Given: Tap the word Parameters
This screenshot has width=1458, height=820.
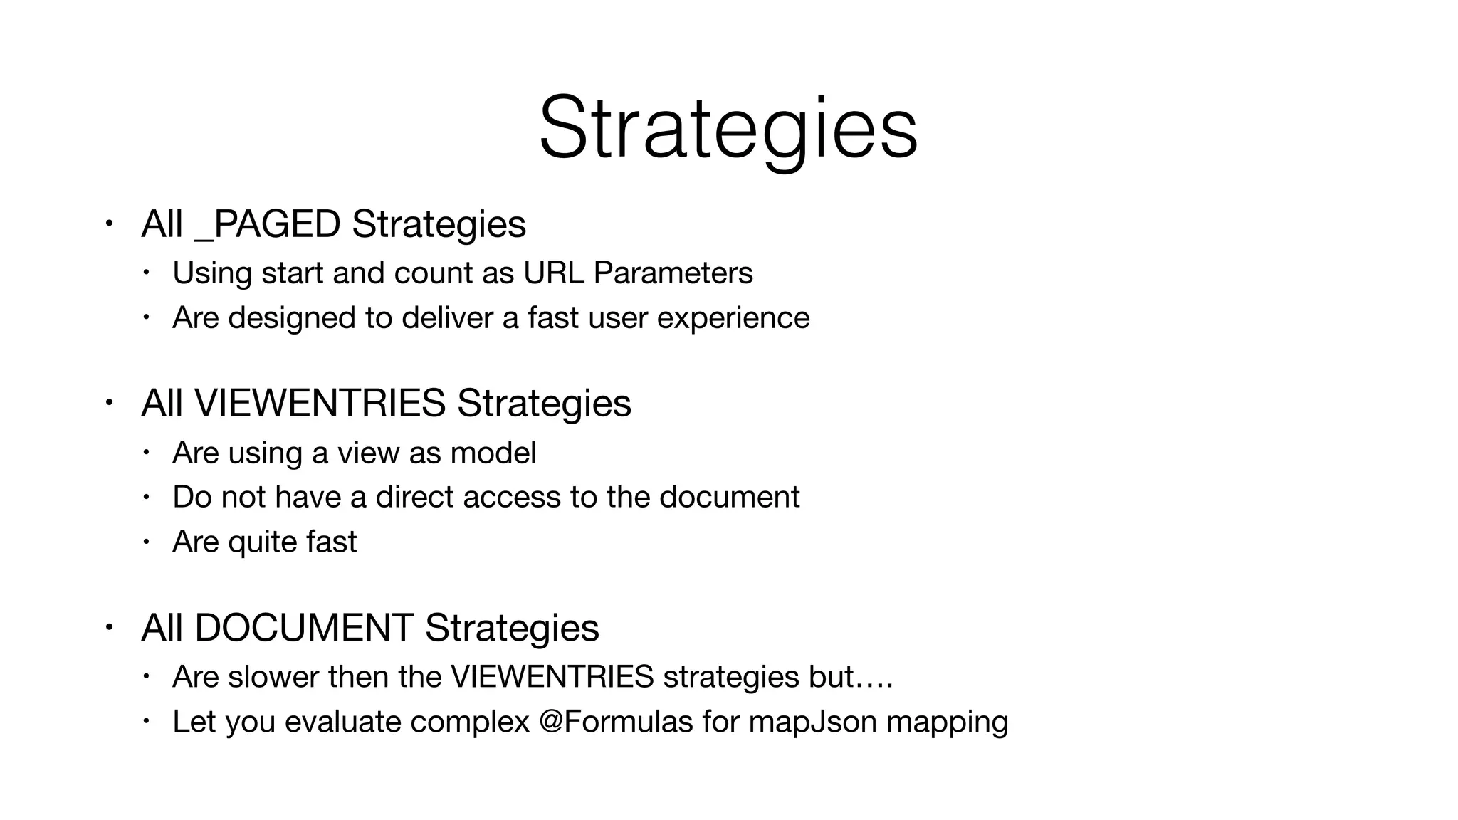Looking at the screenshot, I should [673, 273].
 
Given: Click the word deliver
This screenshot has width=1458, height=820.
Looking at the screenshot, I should [447, 317].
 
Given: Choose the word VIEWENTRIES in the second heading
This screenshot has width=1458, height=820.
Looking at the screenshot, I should [320, 404].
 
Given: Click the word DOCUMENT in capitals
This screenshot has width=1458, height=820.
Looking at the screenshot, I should [304, 628].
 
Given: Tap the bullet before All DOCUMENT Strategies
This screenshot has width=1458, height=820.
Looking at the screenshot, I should [107, 627].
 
